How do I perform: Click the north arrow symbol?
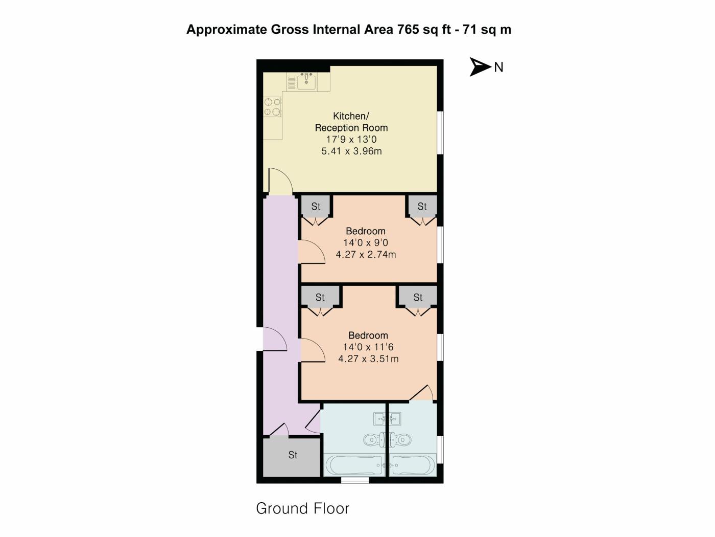[480, 66]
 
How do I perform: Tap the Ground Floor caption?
[302, 508]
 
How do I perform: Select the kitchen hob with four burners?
[273, 106]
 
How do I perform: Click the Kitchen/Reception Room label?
[351, 122]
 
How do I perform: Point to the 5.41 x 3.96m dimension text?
[351, 151]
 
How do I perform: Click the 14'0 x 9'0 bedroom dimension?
[365, 243]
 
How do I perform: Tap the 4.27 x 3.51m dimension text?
[368, 359]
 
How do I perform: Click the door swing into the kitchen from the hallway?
[280, 182]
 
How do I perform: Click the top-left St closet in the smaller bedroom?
[316, 206]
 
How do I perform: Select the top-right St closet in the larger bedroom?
[418, 297]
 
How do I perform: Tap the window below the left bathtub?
[354, 480]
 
